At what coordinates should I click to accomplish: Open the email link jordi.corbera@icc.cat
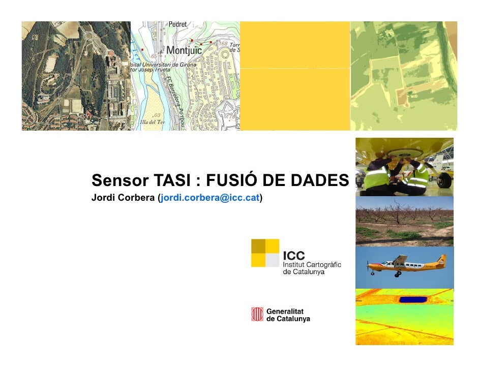click(x=210, y=197)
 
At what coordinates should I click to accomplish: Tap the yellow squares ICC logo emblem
click(x=265, y=253)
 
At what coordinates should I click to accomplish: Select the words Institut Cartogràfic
click(x=312, y=264)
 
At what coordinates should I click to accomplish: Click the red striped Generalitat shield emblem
click(x=257, y=315)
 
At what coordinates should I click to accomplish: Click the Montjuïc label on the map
click(x=184, y=50)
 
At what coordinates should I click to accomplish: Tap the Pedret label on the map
click(x=177, y=24)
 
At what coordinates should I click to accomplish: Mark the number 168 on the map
click(x=223, y=43)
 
